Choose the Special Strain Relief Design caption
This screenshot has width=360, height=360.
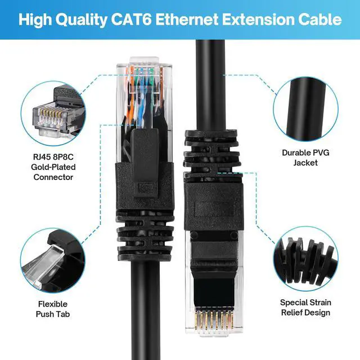coord(305,307)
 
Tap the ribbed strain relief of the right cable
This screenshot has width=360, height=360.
coord(211,149)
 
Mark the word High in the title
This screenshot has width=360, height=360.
coord(33,20)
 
